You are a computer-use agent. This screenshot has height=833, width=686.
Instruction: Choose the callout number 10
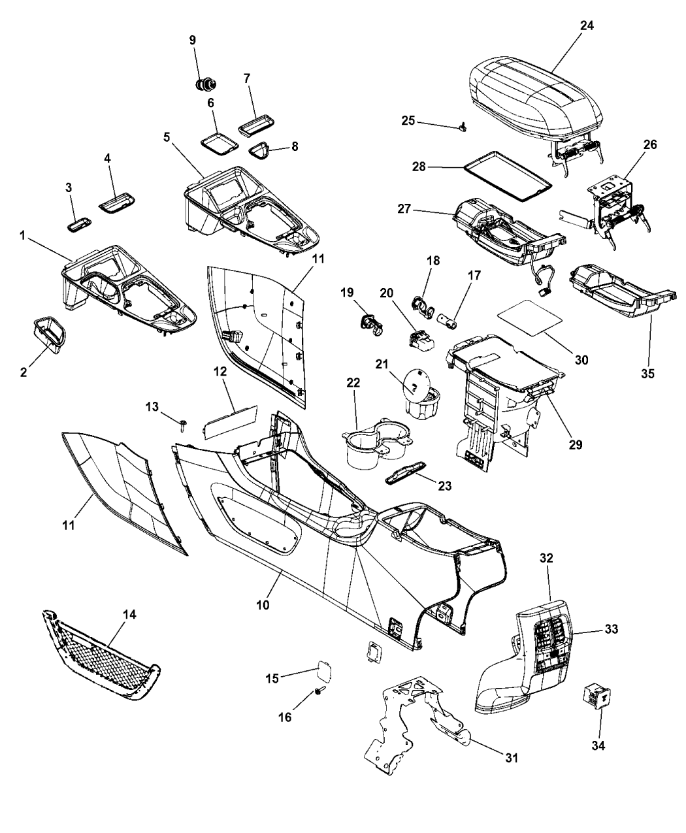[x=263, y=605]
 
